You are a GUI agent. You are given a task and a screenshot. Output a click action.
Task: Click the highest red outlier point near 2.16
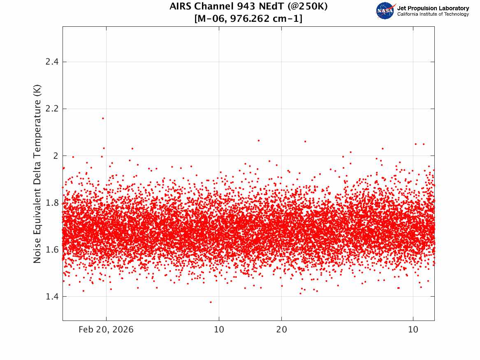pyautogui.click(x=103, y=118)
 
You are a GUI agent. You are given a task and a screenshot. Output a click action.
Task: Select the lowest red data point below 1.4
pyautogui.click(x=211, y=302)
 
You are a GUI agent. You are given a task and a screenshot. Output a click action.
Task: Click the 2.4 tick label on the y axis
pyautogui.click(x=52, y=62)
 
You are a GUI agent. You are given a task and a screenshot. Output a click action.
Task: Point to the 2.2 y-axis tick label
pyautogui.click(x=52, y=109)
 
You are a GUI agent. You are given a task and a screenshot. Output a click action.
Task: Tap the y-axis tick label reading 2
pyautogui.click(x=56, y=156)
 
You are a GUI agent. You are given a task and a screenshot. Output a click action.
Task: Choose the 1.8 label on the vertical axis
pyautogui.click(x=52, y=203)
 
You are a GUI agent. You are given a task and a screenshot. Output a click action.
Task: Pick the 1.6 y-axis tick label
pyautogui.click(x=52, y=249)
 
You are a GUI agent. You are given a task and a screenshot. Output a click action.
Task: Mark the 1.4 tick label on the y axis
pyautogui.click(x=52, y=296)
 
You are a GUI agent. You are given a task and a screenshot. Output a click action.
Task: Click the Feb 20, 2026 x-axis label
pyautogui.click(x=106, y=330)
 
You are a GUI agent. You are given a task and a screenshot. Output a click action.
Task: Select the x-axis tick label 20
pyautogui.click(x=282, y=330)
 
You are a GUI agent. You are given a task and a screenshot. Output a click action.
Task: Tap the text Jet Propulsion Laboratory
pyautogui.click(x=433, y=8)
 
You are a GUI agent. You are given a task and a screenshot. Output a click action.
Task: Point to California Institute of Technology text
pyautogui.click(x=433, y=14)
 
